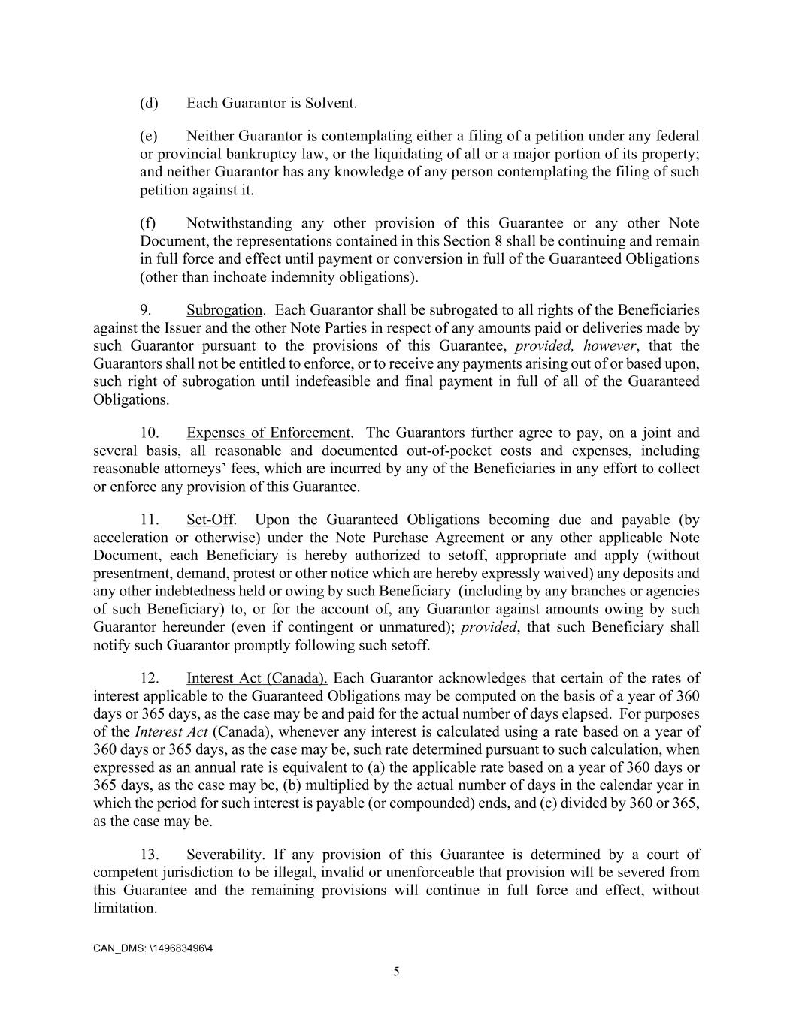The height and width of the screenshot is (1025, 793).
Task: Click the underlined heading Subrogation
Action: tap(224, 310)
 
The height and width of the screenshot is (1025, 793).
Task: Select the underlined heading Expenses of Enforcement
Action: tap(268, 433)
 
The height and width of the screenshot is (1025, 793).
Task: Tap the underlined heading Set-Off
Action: tap(210, 520)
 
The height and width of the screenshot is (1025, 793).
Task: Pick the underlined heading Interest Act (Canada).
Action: tap(256, 678)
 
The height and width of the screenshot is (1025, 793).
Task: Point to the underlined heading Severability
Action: tap(224, 855)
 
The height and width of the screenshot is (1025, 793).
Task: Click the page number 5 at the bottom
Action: tap(396, 972)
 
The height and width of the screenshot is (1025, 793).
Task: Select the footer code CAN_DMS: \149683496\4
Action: tap(153, 948)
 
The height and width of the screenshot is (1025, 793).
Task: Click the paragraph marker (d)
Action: tap(149, 103)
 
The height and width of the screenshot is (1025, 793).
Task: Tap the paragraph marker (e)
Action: tap(149, 136)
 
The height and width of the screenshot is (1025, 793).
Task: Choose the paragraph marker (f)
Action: tap(148, 223)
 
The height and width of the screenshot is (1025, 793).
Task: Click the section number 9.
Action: tap(147, 310)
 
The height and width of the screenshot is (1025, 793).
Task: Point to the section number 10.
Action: tap(150, 433)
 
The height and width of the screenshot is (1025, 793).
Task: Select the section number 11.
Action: tap(150, 520)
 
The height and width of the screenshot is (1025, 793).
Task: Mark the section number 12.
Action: tap(150, 678)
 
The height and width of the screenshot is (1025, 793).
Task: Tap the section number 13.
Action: tap(150, 855)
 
